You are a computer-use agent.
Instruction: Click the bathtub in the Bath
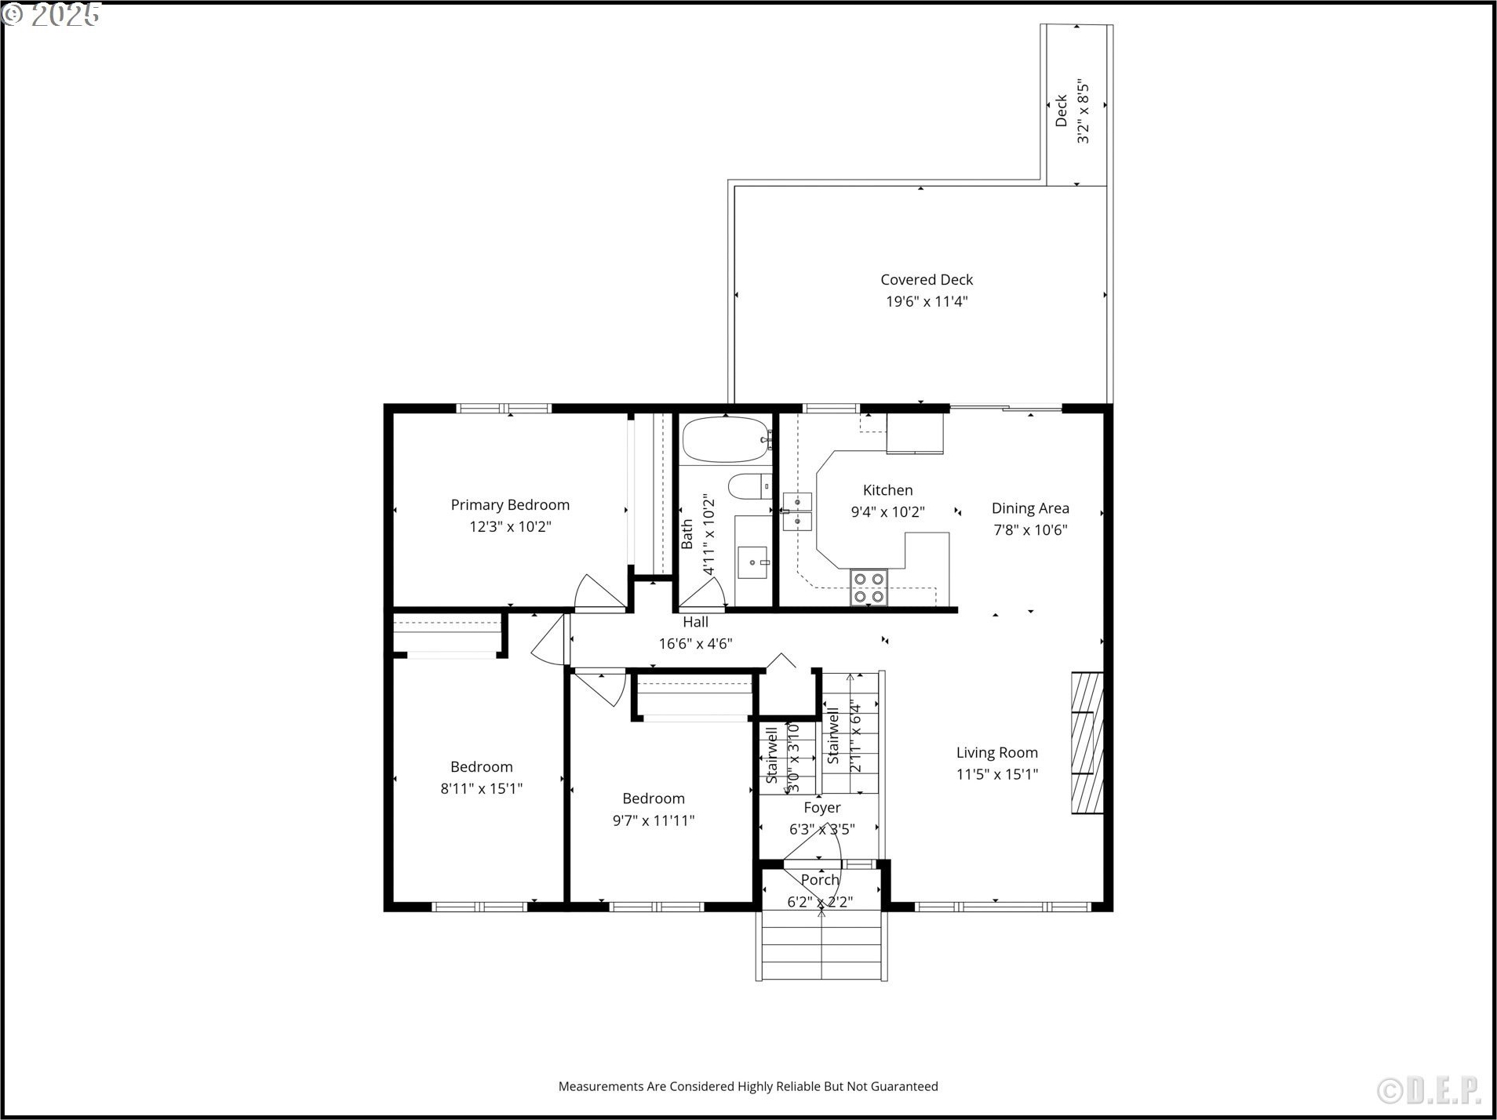pos(726,440)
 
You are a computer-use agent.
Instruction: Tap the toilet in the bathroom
pos(750,487)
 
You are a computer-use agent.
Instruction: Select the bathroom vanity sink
pos(753,562)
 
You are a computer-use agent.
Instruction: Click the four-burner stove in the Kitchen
pos(869,587)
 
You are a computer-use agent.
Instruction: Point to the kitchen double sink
pos(797,511)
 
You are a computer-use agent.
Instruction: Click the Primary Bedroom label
pos(510,505)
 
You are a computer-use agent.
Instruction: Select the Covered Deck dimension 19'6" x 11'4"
pos(927,302)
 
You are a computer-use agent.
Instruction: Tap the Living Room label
pos(996,753)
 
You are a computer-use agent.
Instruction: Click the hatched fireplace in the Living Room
pos(1087,743)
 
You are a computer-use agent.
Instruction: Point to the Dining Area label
pos(1030,508)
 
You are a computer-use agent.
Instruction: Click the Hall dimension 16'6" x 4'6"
pos(695,644)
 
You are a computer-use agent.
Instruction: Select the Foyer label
pos(821,808)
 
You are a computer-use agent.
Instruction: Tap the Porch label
pos(820,880)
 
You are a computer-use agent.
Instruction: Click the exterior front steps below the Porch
pos(821,946)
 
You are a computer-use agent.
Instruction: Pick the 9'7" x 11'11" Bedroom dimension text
pos(654,821)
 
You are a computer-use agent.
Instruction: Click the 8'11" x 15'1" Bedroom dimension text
pos(481,789)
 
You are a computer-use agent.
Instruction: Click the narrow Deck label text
pos(1061,111)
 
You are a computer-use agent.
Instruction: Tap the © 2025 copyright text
pos(51,14)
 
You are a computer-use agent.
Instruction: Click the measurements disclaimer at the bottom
pos(748,1086)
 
